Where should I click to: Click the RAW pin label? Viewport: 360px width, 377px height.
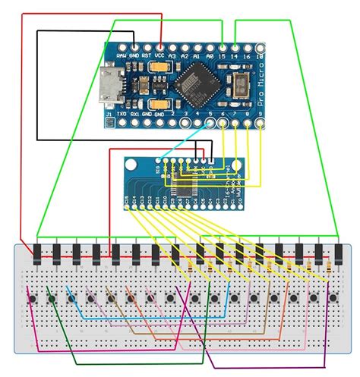click(x=121, y=55)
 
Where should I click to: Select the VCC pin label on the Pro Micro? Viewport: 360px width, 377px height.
click(x=159, y=55)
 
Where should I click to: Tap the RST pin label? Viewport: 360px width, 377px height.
click(x=147, y=55)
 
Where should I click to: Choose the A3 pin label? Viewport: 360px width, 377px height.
click(x=173, y=55)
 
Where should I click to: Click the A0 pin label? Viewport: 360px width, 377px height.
click(x=210, y=55)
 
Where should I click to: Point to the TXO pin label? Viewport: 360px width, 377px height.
click(x=122, y=115)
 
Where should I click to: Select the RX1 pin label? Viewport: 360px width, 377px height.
click(x=134, y=115)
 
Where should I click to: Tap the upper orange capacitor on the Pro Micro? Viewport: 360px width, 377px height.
click(x=159, y=69)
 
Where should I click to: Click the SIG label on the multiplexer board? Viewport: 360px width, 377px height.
click(x=158, y=171)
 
